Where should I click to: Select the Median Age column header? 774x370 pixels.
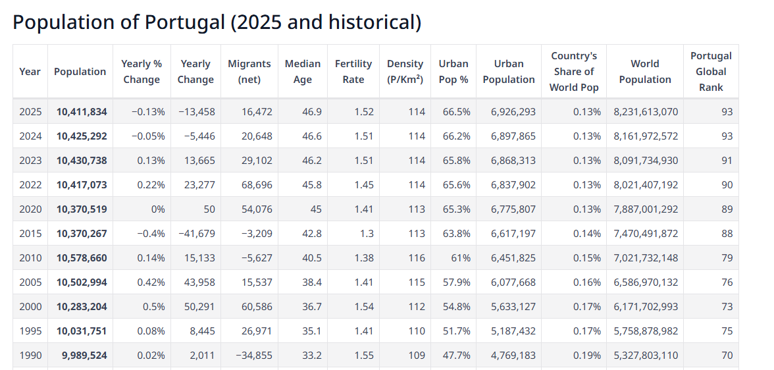pos(303,72)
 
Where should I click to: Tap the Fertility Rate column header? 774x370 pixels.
pos(353,72)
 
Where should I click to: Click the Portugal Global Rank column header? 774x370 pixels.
pos(711,72)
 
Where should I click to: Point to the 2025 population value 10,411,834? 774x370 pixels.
pos(82,112)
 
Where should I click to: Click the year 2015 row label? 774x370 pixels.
pos(30,234)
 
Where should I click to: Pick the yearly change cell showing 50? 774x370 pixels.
pos(209,209)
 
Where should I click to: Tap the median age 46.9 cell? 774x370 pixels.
pos(312,112)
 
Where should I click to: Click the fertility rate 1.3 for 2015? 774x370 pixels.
pos(367,234)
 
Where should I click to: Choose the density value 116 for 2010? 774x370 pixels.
pos(417,258)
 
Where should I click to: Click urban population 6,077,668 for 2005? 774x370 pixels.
pos(513,282)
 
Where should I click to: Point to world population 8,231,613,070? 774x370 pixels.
pos(646,112)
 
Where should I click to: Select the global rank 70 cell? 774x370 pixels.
pos(727,356)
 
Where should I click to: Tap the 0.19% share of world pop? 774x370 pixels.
pos(587,356)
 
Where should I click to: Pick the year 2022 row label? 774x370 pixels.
pos(30,185)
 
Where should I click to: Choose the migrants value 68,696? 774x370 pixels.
pos(257,185)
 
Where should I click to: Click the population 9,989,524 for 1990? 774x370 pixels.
pos(84,356)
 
